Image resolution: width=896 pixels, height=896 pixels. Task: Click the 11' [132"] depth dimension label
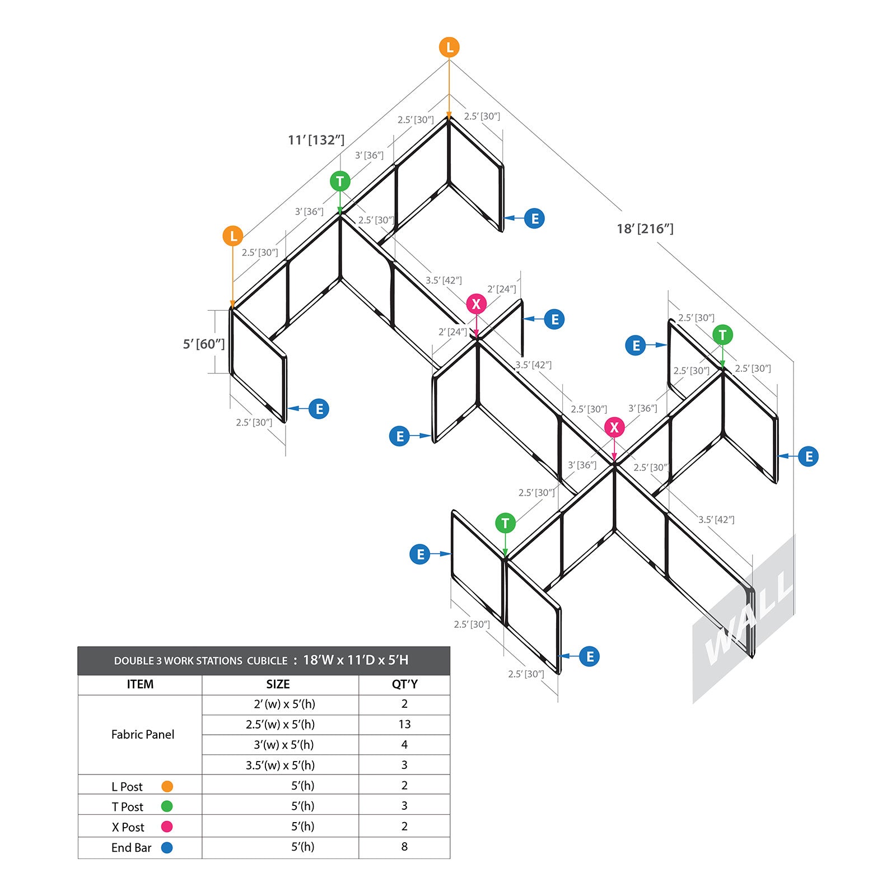pyautogui.click(x=316, y=140)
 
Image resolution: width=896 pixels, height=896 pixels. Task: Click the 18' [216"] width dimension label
pyautogui.click(x=645, y=228)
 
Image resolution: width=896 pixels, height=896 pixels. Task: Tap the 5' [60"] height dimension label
pyautogui.click(x=204, y=344)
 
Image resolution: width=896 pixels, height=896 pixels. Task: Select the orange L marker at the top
pyautogui.click(x=449, y=48)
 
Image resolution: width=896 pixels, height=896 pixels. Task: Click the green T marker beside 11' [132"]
pyautogui.click(x=340, y=181)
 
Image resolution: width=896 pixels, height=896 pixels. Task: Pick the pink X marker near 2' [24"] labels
pyautogui.click(x=477, y=304)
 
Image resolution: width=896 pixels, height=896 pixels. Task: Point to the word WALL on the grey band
pyautogui.click(x=749, y=619)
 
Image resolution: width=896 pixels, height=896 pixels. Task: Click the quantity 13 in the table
pyautogui.click(x=404, y=725)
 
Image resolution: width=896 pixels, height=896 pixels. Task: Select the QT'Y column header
pyautogui.click(x=404, y=684)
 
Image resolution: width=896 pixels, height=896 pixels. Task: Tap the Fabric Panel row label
pyautogui.click(x=143, y=734)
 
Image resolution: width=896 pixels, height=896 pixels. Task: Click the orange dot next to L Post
pyautogui.click(x=167, y=786)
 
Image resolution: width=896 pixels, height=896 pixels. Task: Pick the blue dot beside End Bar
pyautogui.click(x=167, y=848)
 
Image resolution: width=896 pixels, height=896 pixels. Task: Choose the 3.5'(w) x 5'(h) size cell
pyautogui.click(x=280, y=766)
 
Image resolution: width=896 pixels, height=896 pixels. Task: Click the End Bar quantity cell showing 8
pyautogui.click(x=404, y=847)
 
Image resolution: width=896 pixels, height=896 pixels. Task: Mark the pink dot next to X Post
pyautogui.click(x=167, y=827)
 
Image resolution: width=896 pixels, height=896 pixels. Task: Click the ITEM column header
pyautogui.click(x=140, y=684)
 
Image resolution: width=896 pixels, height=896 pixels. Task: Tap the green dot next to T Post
pyautogui.click(x=167, y=806)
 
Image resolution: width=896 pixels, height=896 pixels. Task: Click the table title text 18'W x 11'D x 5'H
pyautogui.click(x=356, y=660)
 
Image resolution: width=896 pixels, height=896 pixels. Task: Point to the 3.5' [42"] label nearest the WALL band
pyautogui.click(x=716, y=520)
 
